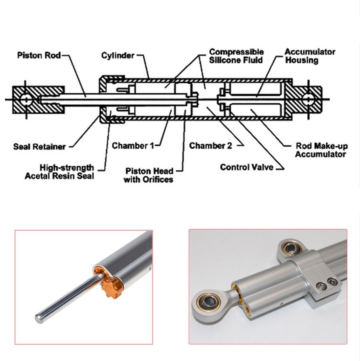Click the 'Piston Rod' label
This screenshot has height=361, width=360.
[38, 55]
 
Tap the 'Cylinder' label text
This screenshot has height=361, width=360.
[118, 55]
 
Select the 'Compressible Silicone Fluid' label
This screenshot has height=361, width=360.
[236, 56]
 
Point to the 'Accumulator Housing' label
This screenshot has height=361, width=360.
[310, 56]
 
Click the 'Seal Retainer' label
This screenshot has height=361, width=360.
[39, 146]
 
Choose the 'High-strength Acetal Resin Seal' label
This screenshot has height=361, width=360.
[59, 172]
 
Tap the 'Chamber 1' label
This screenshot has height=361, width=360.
[132, 146]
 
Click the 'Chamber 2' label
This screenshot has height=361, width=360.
[210, 146]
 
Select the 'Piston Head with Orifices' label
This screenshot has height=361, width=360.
[148, 176]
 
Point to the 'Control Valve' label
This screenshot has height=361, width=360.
[246, 167]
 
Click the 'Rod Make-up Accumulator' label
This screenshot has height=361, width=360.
[320, 150]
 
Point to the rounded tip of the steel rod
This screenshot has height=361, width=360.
[39, 319]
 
